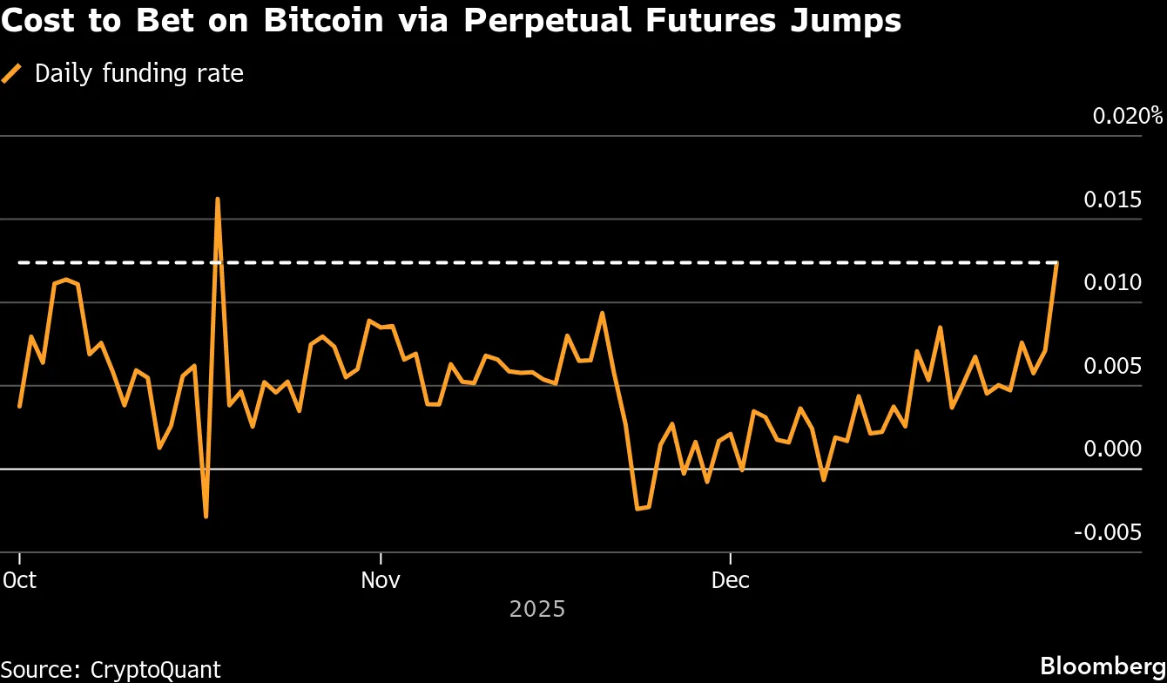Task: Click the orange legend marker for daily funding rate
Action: click(x=13, y=73)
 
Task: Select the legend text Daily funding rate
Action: click(x=139, y=73)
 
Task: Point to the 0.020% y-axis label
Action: click(x=1128, y=116)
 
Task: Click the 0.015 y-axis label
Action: click(x=1112, y=200)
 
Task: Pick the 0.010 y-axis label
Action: click(x=1112, y=283)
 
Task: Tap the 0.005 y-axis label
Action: click(x=1112, y=366)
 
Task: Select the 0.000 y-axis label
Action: click(x=1112, y=449)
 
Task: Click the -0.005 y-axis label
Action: click(x=1109, y=532)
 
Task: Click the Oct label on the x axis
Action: click(x=20, y=580)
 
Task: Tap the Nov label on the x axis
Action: click(x=381, y=580)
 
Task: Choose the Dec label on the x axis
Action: click(x=730, y=580)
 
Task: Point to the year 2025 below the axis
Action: click(x=537, y=608)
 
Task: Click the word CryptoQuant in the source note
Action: click(x=155, y=669)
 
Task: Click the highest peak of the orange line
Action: click(x=217, y=199)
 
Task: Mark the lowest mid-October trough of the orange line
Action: click(x=206, y=517)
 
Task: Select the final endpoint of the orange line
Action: click(x=1056, y=262)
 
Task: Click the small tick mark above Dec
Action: click(x=730, y=558)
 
